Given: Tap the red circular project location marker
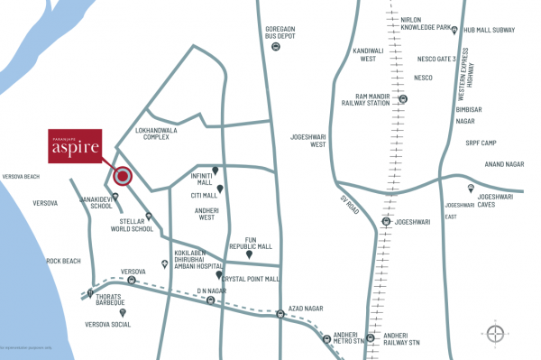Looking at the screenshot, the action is pos(123,177).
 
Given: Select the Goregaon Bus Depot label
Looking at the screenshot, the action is pos(280,32).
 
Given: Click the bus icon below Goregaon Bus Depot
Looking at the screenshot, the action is pos(275,47).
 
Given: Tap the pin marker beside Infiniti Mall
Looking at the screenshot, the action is pos(215,169).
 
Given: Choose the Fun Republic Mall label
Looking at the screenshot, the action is pos(252,242).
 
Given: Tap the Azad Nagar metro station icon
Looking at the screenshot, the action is pos(281,314).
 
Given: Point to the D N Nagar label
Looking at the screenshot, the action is pos(212,291).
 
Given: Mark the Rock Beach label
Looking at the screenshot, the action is pos(64,261).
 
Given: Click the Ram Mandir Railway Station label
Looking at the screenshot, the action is pos(371,100).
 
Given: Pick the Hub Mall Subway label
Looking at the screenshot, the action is pos(490,31).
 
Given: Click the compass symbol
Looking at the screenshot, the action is pos(496,332).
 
